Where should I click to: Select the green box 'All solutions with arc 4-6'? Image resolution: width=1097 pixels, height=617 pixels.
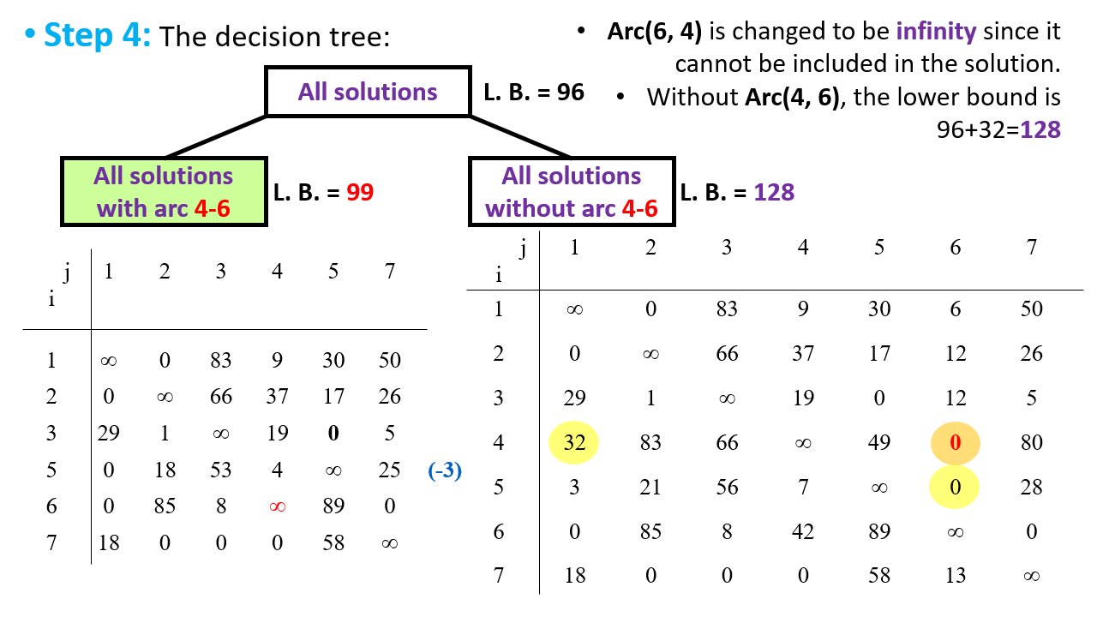(164, 191)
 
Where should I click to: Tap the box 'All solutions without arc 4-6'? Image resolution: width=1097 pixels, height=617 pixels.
(572, 191)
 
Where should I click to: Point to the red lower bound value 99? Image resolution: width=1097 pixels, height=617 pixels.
(360, 192)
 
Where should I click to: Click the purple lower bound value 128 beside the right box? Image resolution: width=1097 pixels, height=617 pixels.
(774, 192)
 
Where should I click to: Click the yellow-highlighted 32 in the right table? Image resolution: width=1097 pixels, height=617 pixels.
(574, 443)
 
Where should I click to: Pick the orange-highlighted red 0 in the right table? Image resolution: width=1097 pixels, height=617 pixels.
(955, 443)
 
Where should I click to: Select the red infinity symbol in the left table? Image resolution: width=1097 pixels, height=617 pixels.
(277, 506)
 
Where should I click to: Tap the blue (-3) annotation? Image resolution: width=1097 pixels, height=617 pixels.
(445, 470)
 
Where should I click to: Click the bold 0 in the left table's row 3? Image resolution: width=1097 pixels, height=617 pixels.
(333, 433)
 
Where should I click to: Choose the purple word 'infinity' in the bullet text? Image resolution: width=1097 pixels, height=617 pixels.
(936, 32)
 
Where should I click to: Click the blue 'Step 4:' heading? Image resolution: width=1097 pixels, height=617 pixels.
(97, 35)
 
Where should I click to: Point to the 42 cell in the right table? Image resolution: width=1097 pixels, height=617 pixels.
(803, 531)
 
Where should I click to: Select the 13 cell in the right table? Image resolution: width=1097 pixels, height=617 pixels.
(955, 575)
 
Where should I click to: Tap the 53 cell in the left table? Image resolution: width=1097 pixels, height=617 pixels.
(220, 470)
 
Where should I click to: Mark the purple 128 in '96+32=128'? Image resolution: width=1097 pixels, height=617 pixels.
(1040, 129)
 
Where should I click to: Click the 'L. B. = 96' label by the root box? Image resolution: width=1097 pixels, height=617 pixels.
(534, 92)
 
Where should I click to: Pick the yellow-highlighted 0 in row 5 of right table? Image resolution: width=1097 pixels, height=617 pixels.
(955, 488)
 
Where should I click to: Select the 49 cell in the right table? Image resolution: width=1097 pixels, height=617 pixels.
(879, 443)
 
